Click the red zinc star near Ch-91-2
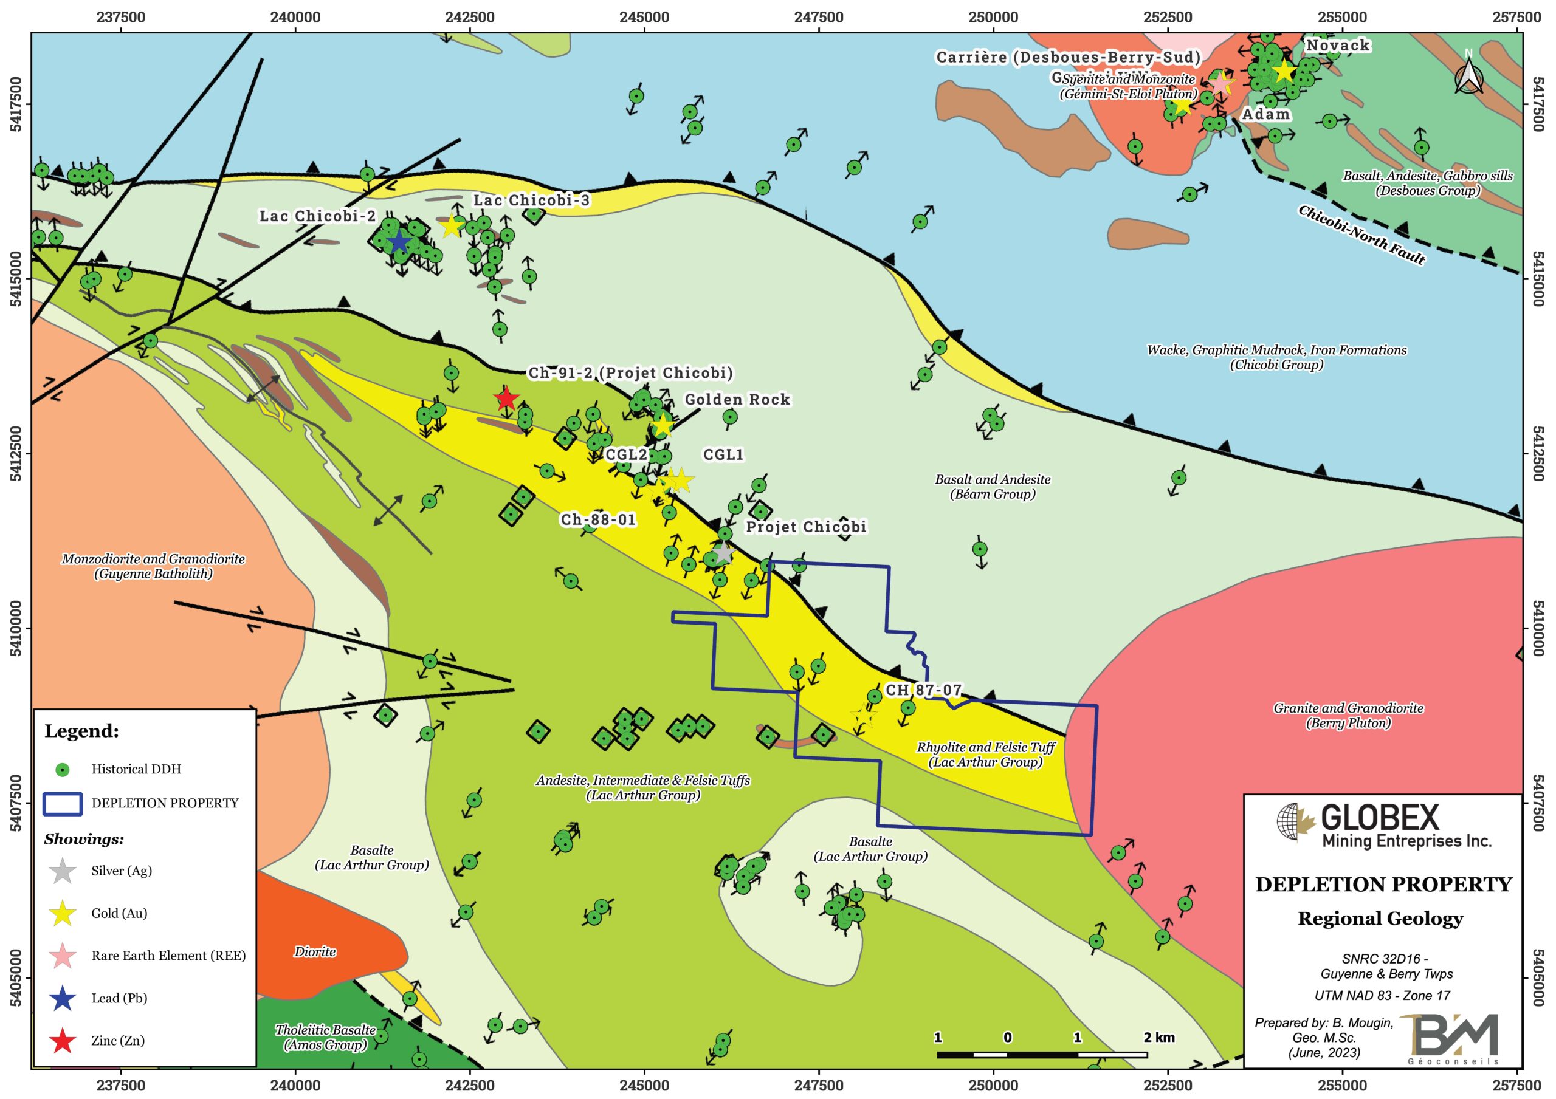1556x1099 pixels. click(505, 399)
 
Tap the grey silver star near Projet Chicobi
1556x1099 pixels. click(723, 553)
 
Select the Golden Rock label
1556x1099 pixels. click(737, 400)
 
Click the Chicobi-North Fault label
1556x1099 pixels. click(1362, 235)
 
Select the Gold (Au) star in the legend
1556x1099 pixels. click(63, 913)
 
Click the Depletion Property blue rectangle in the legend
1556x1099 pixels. click(63, 803)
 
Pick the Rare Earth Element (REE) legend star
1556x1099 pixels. click(63, 956)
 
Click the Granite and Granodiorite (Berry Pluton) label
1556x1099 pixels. click(1348, 716)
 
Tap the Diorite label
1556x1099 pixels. click(315, 951)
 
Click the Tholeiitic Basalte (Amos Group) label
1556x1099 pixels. click(325, 1036)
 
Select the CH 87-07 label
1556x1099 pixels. click(923, 690)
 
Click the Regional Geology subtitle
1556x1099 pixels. click(1380, 919)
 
